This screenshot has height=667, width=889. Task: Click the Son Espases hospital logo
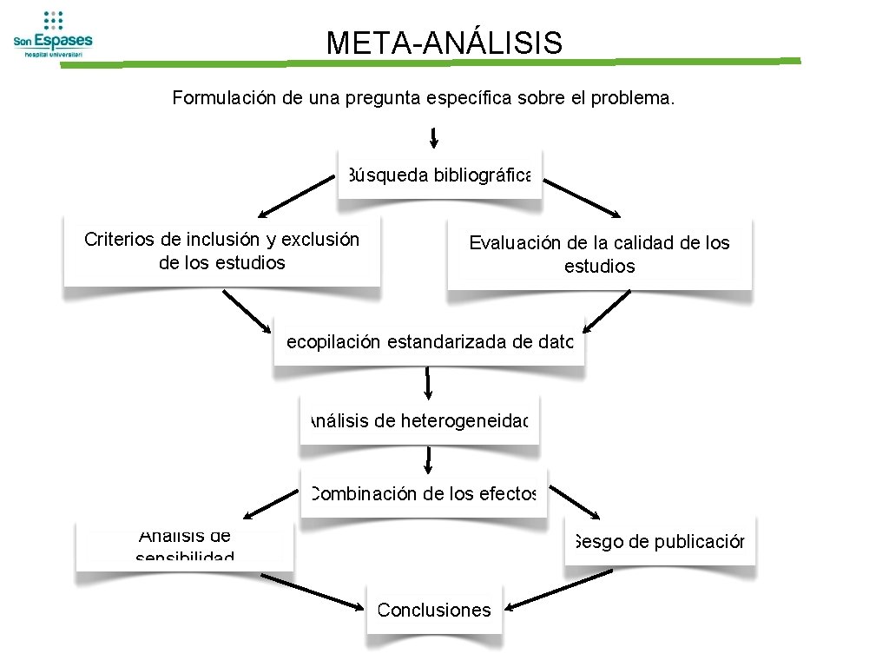(52, 34)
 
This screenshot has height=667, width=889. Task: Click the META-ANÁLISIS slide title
(444, 43)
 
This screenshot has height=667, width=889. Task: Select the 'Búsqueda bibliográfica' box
(439, 175)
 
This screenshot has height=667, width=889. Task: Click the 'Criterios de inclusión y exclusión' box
(221, 251)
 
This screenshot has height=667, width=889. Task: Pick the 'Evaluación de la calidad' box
(599, 254)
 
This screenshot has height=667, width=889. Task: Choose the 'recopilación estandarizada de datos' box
(429, 342)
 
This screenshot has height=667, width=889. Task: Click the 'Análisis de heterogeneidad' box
(419, 421)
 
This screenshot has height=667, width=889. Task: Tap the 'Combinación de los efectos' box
(424, 494)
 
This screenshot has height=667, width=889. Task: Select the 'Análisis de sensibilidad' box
(184, 546)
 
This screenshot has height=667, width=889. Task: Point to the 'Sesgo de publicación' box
(660, 542)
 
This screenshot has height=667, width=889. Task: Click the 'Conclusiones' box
(434, 611)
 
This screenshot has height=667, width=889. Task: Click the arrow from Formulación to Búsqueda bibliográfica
(433, 137)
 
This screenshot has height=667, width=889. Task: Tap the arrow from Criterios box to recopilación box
(247, 310)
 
